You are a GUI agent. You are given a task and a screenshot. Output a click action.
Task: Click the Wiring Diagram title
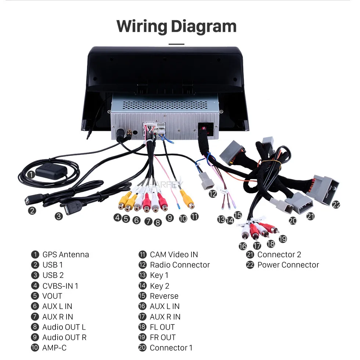(x=176, y=27)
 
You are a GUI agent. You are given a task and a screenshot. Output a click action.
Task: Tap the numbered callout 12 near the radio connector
(x=213, y=194)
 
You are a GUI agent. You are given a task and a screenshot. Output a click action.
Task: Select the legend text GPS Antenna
(x=65, y=255)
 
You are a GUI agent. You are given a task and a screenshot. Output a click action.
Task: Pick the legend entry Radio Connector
(x=180, y=265)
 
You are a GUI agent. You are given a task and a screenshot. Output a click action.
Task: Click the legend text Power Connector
(x=288, y=265)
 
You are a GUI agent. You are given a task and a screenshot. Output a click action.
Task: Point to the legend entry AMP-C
(x=54, y=348)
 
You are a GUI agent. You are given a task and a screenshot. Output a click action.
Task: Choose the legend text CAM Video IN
(x=174, y=255)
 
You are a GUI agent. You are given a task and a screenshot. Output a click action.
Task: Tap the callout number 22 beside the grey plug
(x=336, y=204)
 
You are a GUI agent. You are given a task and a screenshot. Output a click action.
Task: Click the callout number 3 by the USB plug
(x=59, y=216)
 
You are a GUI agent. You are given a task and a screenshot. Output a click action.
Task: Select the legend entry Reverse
(x=164, y=296)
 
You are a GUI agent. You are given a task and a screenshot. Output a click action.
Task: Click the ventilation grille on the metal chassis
(x=165, y=105)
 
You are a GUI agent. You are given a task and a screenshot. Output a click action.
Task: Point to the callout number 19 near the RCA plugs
(x=283, y=239)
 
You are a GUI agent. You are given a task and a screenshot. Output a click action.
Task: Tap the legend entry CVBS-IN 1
(x=60, y=286)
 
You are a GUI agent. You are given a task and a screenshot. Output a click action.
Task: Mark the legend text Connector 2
(x=279, y=255)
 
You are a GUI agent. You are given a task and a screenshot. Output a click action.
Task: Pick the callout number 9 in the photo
(x=170, y=218)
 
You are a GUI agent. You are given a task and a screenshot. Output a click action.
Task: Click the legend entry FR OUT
(x=163, y=338)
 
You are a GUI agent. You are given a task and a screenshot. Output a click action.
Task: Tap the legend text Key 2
(x=159, y=286)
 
